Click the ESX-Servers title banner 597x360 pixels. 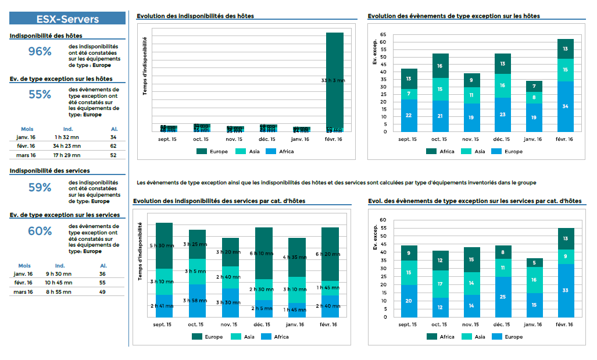click(x=67, y=19)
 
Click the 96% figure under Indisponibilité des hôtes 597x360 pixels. click(x=40, y=51)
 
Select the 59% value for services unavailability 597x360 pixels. click(x=40, y=187)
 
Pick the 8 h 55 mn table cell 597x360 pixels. click(x=59, y=293)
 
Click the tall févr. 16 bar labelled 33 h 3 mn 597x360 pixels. click(x=334, y=80)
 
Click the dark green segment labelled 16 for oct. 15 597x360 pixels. click(x=440, y=66)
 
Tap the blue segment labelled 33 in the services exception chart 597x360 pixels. click(x=566, y=290)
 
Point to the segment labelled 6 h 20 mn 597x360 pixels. click(x=330, y=254)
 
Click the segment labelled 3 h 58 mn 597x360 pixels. click(x=198, y=300)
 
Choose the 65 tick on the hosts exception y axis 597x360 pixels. click(x=383, y=34)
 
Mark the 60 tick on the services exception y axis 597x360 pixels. click(x=383, y=220)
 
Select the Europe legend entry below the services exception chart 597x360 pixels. click(x=509, y=337)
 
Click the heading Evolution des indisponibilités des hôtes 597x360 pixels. click(x=195, y=16)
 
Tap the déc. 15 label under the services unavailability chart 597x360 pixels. click(x=263, y=325)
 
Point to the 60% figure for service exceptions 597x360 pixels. click(x=40, y=231)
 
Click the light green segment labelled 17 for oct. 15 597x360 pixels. click(x=440, y=284)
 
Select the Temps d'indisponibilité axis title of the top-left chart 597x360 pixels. click(x=145, y=66)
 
